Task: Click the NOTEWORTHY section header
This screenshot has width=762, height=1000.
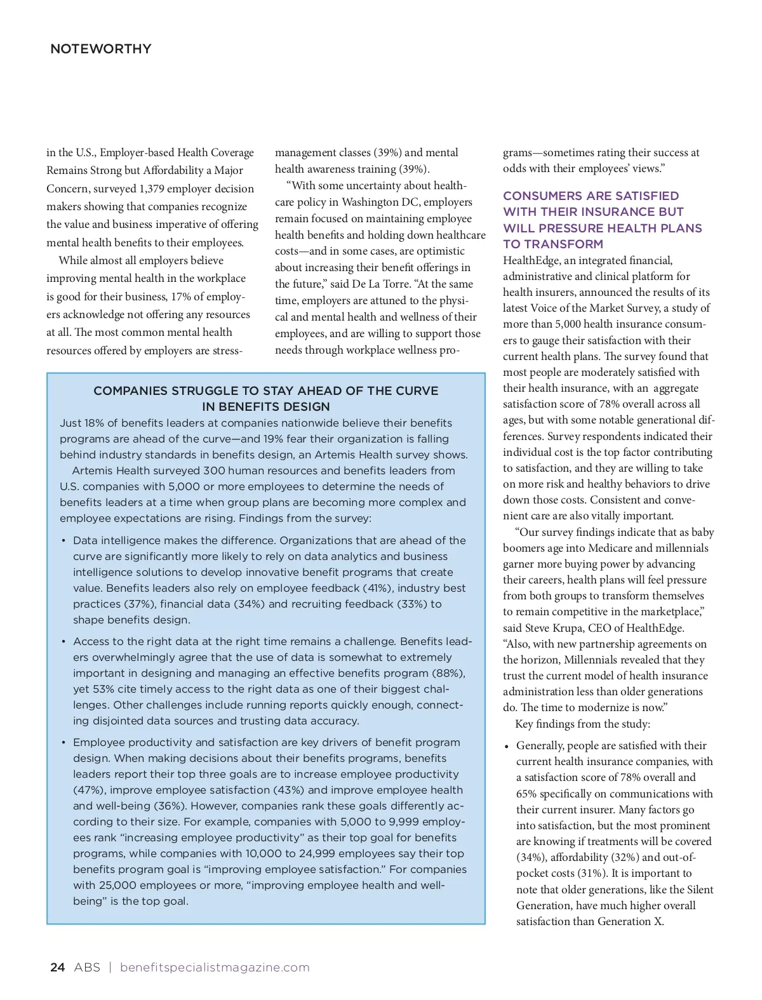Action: (100, 49)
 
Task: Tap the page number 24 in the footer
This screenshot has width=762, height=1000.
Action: (57, 967)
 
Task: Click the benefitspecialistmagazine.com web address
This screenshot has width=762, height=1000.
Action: (215, 967)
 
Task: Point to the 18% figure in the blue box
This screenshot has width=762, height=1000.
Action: (96, 423)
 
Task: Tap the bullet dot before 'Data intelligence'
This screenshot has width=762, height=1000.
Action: (63, 541)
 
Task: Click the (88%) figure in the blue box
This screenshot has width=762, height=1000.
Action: (448, 673)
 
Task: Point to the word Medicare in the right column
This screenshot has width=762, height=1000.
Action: (610, 548)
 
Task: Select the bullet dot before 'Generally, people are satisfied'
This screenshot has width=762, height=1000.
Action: (507, 746)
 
